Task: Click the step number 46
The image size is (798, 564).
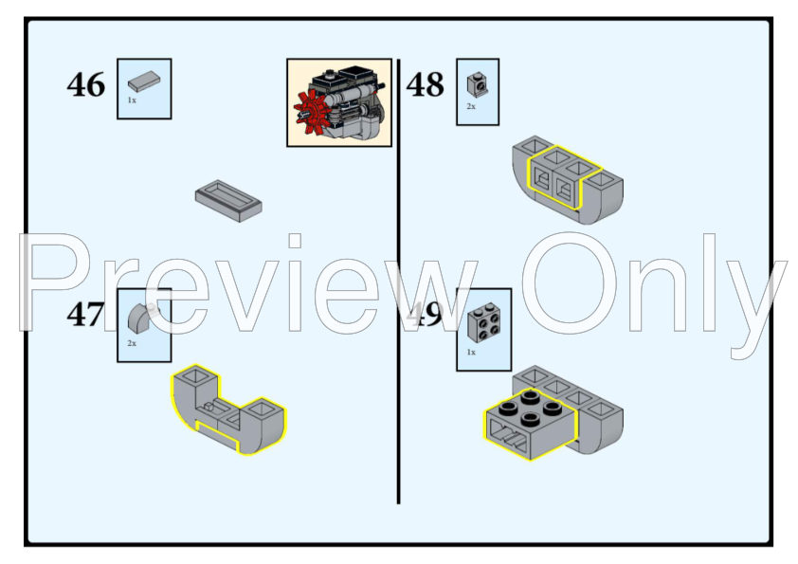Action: coord(86,85)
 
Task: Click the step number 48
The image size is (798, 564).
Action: coord(426,85)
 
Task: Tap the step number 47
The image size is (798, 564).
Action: coord(85,315)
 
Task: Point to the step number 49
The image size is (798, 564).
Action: coord(426,315)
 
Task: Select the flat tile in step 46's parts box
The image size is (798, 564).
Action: coord(145,82)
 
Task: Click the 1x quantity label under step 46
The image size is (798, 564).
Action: coord(132,100)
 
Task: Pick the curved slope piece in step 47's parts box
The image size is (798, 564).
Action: coord(141,317)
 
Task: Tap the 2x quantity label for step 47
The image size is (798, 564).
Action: coord(132,343)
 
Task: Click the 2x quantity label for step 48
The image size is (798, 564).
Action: coord(471,107)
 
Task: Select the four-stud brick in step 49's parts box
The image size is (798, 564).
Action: coord(484,325)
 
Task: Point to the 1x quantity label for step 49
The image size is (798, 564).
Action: coord(471,353)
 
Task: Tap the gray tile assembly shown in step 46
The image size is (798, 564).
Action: coord(228,200)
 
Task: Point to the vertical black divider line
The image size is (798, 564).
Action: coord(398,379)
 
